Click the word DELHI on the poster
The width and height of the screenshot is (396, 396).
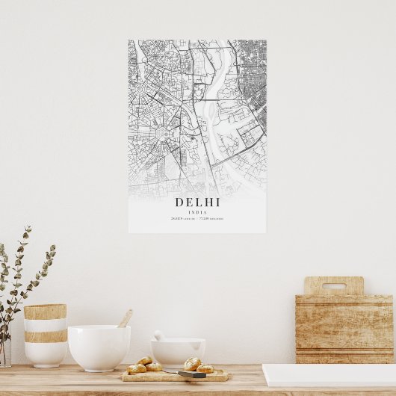[197, 202]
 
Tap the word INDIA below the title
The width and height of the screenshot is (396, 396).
[197, 212]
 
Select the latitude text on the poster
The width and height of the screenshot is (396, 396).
[182, 219]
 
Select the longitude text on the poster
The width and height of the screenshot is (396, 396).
[212, 219]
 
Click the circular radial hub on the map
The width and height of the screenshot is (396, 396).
[162, 133]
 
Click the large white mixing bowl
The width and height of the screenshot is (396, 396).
[99, 347]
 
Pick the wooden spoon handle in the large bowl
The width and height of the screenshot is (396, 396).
[125, 319]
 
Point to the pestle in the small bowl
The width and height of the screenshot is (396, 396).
[159, 335]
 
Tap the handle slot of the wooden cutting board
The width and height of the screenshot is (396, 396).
[333, 285]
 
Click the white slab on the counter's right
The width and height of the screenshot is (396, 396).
[329, 374]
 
